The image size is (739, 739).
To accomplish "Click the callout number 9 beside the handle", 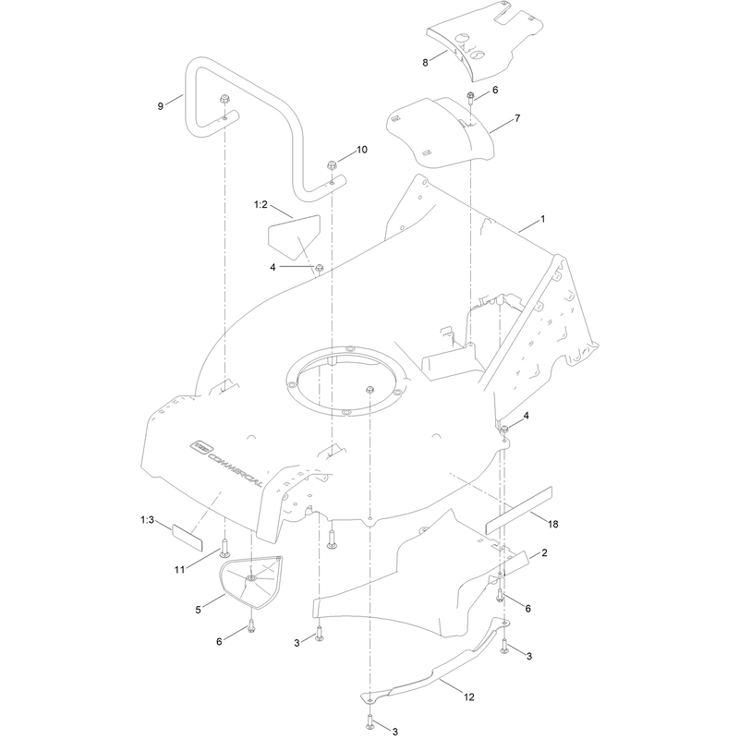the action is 160,106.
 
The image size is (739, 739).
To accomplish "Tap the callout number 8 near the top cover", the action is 425,63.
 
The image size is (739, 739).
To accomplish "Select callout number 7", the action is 517,118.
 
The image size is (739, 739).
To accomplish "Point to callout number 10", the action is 361,150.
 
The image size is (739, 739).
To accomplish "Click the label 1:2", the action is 260,204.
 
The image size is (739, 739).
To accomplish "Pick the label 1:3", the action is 147,520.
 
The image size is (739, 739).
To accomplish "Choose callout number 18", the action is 552,524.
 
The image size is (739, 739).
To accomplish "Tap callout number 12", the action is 469,697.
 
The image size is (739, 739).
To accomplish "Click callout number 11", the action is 179,570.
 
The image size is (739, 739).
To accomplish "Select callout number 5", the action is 198,610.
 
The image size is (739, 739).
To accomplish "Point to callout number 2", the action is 544,552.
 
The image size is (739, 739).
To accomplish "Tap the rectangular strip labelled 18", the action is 518,511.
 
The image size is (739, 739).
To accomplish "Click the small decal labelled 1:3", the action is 188,538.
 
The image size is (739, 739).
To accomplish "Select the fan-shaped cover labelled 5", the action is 250,581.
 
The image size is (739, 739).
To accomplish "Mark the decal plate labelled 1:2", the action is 294,236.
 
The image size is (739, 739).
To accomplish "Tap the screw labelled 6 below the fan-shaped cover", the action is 251,627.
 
